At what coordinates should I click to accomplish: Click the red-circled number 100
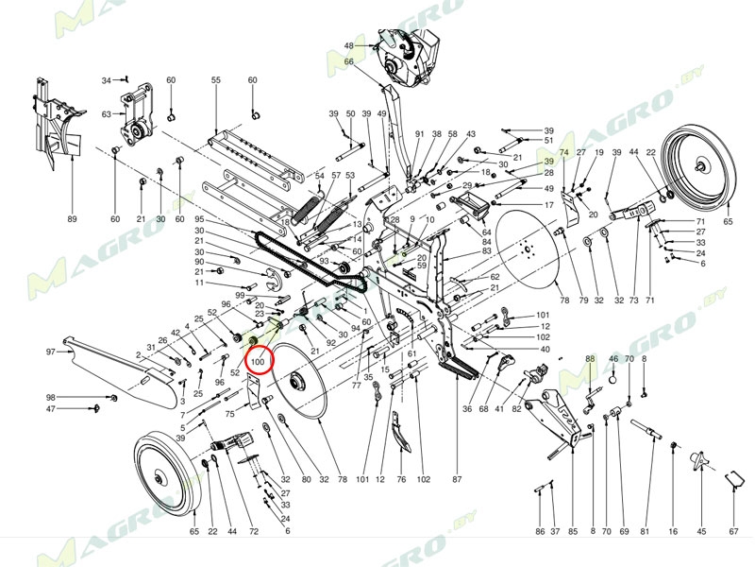(x=259, y=361)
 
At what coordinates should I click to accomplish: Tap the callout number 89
(x=72, y=219)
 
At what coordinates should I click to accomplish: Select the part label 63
(x=107, y=114)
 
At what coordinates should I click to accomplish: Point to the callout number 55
(x=215, y=80)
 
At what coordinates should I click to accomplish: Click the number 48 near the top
(x=348, y=45)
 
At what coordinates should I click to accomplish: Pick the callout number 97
(x=51, y=352)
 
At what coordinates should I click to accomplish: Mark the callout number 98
(x=51, y=397)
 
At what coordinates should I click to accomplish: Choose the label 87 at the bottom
(x=457, y=480)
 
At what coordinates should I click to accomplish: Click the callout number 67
(x=733, y=532)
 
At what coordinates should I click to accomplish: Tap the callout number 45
(x=701, y=532)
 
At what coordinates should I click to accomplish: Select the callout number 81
(x=646, y=532)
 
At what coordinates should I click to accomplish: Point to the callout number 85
(x=572, y=532)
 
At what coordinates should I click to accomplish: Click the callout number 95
(x=199, y=219)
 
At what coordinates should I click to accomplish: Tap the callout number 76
(x=401, y=480)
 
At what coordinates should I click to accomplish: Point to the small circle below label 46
(x=613, y=379)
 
